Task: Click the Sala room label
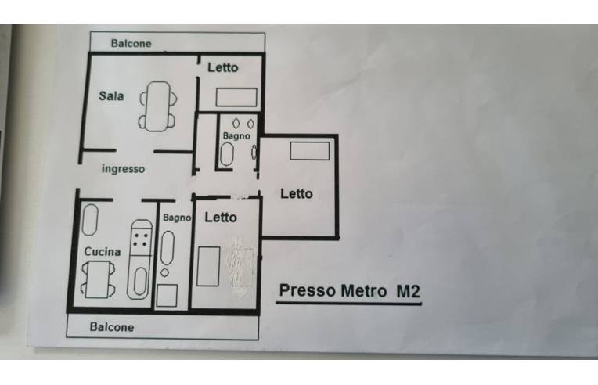pyautogui.click(x=111, y=95)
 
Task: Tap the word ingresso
pyautogui.click(x=123, y=169)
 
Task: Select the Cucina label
pyautogui.click(x=103, y=252)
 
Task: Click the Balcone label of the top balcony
pyautogui.click(x=131, y=44)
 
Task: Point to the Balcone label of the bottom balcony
pyautogui.click(x=112, y=327)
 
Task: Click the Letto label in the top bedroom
pyautogui.click(x=223, y=67)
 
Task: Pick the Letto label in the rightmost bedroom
pyautogui.click(x=297, y=193)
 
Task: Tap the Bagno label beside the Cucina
pyautogui.click(x=177, y=218)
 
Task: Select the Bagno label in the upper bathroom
pyautogui.click(x=236, y=135)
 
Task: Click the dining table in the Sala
pyautogui.click(x=158, y=106)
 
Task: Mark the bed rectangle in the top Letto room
pyautogui.click(x=236, y=97)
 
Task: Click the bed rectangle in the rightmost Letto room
pyautogui.click(x=310, y=151)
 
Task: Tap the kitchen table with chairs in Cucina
pyautogui.click(x=98, y=279)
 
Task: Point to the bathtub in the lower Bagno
pyautogui.click(x=168, y=248)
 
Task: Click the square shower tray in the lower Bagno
pyautogui.click(x=167, y=296)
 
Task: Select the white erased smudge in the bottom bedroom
pyautogui.click(x=240, y=267)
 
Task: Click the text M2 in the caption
pyautogui.click(x=408, y=291)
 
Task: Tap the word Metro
pyautogui.click(x=363, y=291)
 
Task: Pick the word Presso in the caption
pyautogui.click(x=308, y=290)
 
